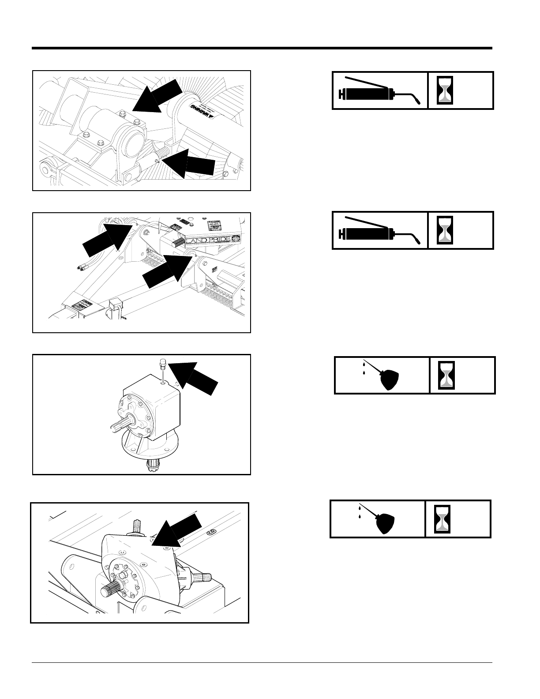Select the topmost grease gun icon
point(379,91)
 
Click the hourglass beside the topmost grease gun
point(445,90)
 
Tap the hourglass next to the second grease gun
point(445,230)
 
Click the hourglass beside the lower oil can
point(442,519)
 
